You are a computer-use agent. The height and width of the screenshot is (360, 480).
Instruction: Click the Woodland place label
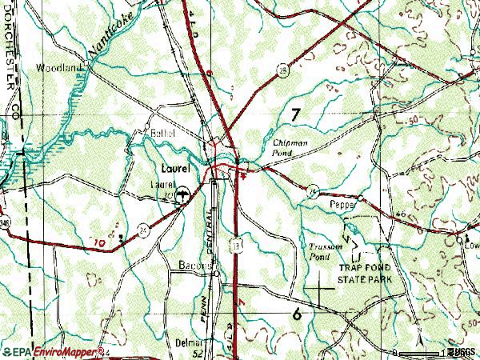tap(58, 69)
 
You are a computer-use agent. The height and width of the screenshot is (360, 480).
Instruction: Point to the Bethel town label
tap(162, 133)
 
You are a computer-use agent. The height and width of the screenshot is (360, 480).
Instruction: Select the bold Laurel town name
tap(174, 169)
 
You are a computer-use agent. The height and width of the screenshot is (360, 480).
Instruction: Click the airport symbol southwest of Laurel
tap(184, 193)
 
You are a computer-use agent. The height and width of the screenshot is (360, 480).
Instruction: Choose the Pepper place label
tap(342, 206)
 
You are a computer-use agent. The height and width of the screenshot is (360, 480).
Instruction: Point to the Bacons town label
tap(194, 266)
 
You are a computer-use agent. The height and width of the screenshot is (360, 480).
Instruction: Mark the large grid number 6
tap(298, 314)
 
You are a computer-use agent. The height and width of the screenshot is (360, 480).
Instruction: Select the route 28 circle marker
tap(283, 70)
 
